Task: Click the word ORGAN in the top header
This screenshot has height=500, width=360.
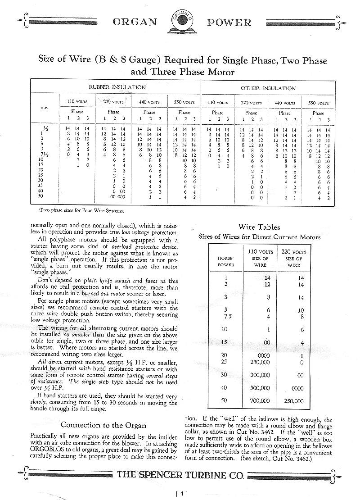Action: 135,22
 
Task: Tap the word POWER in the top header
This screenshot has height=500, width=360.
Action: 229,22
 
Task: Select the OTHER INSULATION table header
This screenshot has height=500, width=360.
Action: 268,88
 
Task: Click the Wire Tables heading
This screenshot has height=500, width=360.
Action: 259,227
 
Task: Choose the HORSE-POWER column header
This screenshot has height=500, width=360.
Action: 226,262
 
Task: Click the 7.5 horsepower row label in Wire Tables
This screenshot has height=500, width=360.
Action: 225,317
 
